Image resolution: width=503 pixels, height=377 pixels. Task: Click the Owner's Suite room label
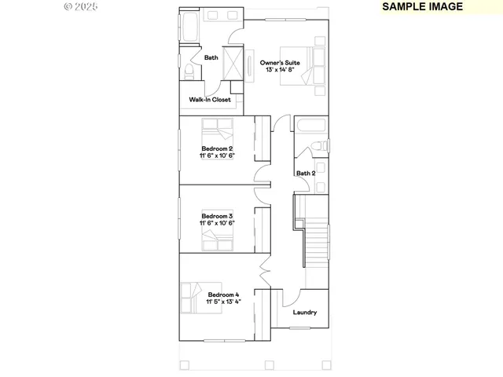tap(281, 62)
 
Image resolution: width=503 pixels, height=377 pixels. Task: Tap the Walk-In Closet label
tap(210, 100)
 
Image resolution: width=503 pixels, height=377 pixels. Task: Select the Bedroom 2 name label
tap(217, 148)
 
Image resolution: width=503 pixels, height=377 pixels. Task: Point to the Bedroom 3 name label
tap(217, 216)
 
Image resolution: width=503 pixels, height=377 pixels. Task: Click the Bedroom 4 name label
tap(223, 295)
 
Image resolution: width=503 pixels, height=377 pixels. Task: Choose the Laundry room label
tap(305, 313)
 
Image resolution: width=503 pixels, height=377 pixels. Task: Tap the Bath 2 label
tap(306, 174)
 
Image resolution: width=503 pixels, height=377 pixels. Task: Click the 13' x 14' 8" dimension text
tap(281, 70)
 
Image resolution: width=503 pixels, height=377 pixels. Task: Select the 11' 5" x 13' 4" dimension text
tap(223, 302)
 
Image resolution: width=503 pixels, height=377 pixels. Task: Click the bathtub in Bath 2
tap(312, 126)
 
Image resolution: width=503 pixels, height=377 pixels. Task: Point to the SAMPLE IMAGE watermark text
tap(423, 6)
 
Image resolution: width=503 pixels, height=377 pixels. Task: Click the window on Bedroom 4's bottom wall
tap(226, 340)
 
